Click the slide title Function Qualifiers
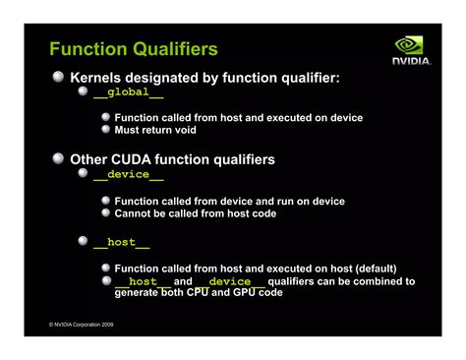(134, 48)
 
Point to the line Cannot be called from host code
(195, 212)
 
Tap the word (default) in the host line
(368, 268)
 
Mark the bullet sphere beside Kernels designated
(59, 76)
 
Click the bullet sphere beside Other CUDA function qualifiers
(59, 158)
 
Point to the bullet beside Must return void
(106, 130)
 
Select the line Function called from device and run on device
(229, 201)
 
